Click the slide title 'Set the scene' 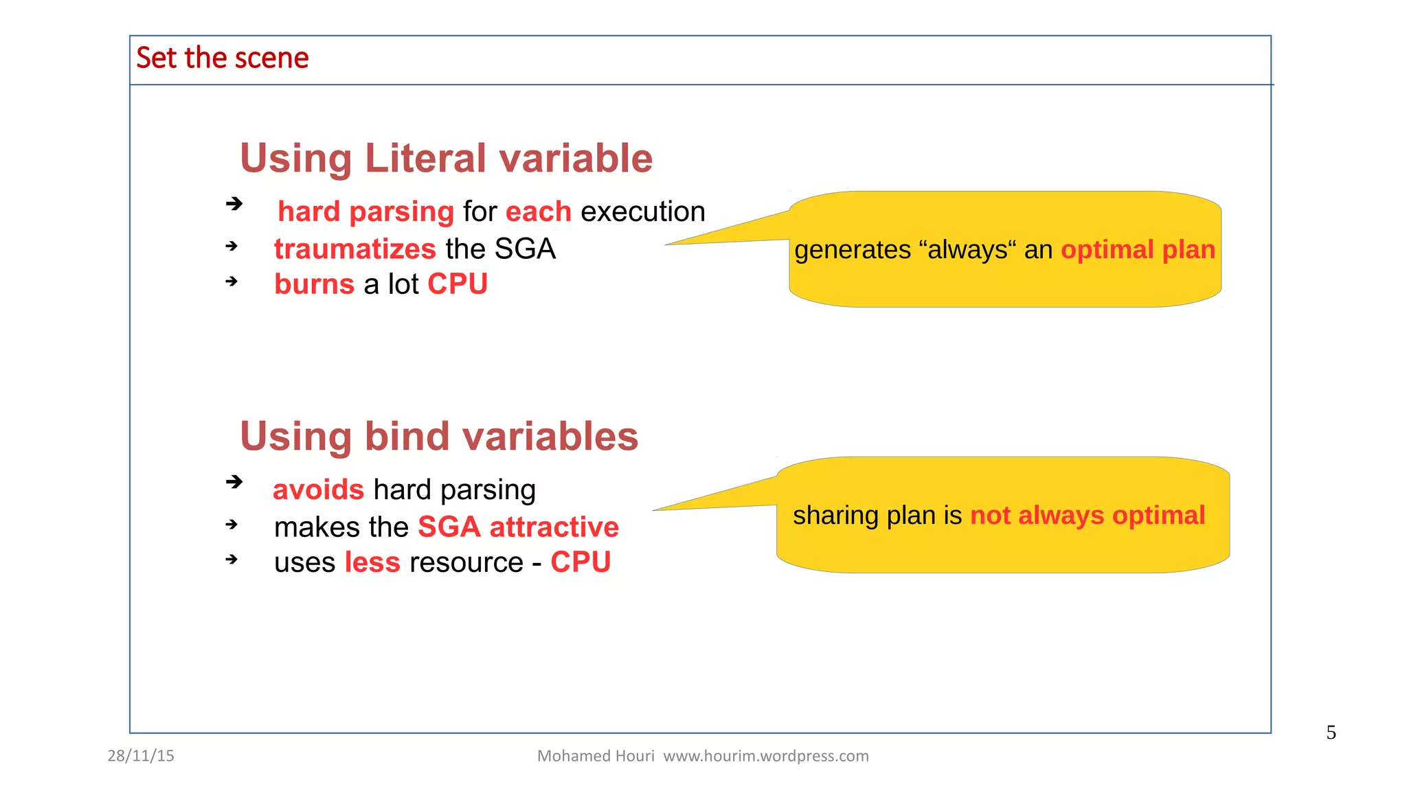click(222, 58)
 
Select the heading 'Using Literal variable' click(446, 158)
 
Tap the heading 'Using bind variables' click(439, 436)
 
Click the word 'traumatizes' click(354, 249)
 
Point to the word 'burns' click(314, 284)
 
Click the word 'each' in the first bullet click(538, 211)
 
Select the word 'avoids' click(318, 490)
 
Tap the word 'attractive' click(554, 527)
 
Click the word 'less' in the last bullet click(372, 562)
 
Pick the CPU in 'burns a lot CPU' click(458, 284)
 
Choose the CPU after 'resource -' click(581, 562)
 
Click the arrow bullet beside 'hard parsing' click(234, 203)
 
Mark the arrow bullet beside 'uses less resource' click(232, 560)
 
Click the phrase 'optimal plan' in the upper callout click(1138, 250)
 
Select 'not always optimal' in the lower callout click(1087, 516)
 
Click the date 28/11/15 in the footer click(141, 756)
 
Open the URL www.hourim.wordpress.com click(765, 756)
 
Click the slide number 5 click(1331, 733)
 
